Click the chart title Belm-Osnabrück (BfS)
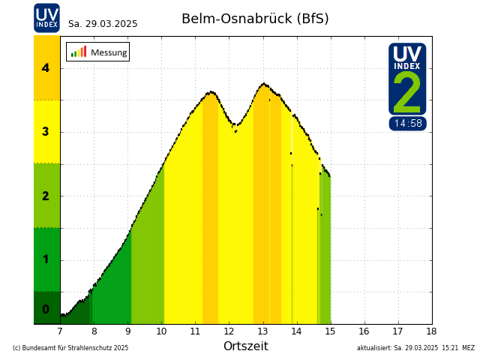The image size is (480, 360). click(x=255, y=19)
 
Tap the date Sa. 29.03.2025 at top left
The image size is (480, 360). click(x=103, y=24)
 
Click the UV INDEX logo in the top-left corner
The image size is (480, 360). click(x=46, y=17)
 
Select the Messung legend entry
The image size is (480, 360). click(x=108, y=52)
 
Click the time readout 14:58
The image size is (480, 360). click(x=407, y=124)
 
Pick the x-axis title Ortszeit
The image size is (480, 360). click(x=245, y=346)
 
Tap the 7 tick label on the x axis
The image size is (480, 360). click(x=60, y=331)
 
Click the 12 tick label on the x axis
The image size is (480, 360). click(x=229, y=331)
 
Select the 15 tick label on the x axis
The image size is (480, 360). click(x=330, y=331)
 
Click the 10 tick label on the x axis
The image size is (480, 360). click(x=161, y=331)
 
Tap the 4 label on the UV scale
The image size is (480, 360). click(x=46, y=68)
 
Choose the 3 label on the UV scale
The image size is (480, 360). click(x=46, y=132)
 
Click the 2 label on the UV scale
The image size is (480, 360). click(x=46, y=196)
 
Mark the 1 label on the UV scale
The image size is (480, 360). click(x=46, y=260)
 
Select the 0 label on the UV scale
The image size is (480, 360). click(x=46, y=309)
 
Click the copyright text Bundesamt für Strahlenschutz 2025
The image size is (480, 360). click(x=70, y=348)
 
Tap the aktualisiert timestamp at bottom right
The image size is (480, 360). click(x=415, y=348)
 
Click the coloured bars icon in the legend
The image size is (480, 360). click(x=78, y=52)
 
